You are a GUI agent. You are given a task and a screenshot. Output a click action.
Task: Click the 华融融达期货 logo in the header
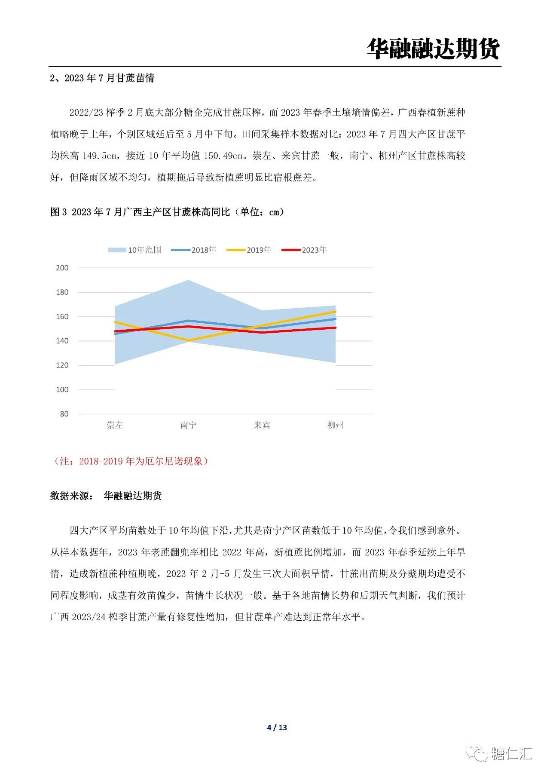pyautogui.click(x=433, y=49)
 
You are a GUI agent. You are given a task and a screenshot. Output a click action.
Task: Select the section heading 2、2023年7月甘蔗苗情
pyautogui.click(x=102, y=78)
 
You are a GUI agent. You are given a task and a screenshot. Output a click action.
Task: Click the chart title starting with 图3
pyautogui.click(x=167, y=212)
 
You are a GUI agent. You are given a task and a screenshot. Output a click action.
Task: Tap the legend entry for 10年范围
pyautogui.click(x=135, y=250)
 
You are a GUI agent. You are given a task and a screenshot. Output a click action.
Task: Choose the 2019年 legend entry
pyautogui.click(x=249, y=250)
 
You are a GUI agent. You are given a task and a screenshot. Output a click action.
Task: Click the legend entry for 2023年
pyautogui.click(x=305, y=250)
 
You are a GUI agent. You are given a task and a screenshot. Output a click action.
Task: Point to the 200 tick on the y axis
pyautogui.click(x=62, y=268)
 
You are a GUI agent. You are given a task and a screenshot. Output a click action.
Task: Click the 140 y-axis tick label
pyautogui.click(x=62, y=341)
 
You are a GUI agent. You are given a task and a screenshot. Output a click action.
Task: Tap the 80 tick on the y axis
pyautogui.click(x=64, y=414)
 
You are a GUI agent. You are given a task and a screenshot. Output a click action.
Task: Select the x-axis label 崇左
pyautogui.click(x=115, y=425)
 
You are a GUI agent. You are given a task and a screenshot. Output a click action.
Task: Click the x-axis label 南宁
pyautogui.click(x=188, y=425)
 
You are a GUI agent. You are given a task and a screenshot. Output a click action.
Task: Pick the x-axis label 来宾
pyautogui.click(x=262, y=425)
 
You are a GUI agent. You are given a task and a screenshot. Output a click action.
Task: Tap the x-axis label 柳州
pyautogui.click(x=335, y=425)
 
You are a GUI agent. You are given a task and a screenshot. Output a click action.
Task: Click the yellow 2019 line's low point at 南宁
pyautogui.click(x=188, y=340)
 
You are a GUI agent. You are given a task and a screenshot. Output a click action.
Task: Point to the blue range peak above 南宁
pyautogui.click(x=188, y=280)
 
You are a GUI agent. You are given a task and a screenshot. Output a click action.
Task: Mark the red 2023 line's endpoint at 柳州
pyautogui.click(x=335, y=328)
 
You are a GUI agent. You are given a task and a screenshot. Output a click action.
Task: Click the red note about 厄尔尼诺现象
pyautogui.click(x=131, y=461)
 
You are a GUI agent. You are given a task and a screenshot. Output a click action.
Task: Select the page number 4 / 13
pyautogui.click(x=277, y=727)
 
